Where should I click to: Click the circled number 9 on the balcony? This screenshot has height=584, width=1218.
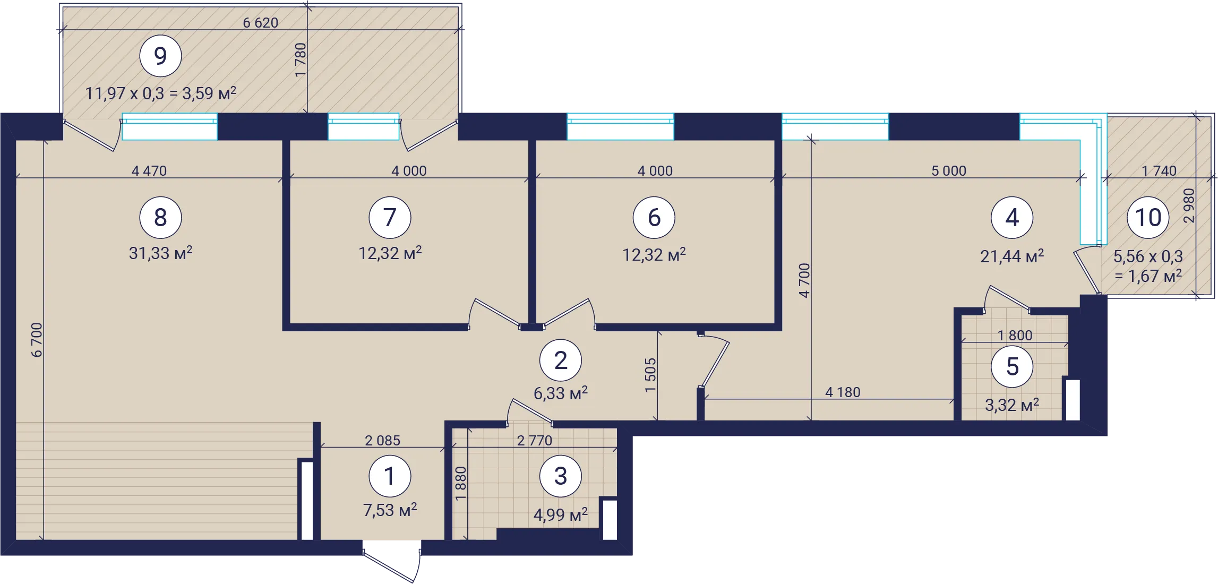coord(160,56)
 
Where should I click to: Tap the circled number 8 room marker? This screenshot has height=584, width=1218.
coord(160,217)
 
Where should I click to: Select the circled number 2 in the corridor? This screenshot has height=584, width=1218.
coord(561,360)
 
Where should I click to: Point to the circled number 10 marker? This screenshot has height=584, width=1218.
coord(1148,217)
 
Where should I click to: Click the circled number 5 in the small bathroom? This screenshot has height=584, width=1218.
coord(1012,366)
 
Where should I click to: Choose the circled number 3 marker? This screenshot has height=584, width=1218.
coord(561,476)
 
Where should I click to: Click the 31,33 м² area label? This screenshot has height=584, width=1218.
coord(160,253)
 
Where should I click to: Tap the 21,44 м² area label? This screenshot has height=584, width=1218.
coord(1012,256)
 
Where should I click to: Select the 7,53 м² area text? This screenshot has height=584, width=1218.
coord(390,510)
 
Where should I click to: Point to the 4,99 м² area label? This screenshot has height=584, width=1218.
coord(561,514)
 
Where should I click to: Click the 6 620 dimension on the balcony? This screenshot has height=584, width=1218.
coord(260,23)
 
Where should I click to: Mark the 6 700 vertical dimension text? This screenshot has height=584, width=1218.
coord(37,340)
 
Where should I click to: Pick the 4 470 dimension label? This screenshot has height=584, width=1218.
coord(149,171)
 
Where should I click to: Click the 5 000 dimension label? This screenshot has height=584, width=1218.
coord(949,171)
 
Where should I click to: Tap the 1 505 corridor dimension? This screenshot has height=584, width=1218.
coord(650,375)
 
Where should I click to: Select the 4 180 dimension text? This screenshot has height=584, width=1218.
coord(843,392)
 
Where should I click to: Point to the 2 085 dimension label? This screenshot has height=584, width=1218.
coord(382,441)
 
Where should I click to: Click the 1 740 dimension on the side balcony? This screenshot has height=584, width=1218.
coord(1159,171)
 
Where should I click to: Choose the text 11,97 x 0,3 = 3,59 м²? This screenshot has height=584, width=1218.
coord(160,93)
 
